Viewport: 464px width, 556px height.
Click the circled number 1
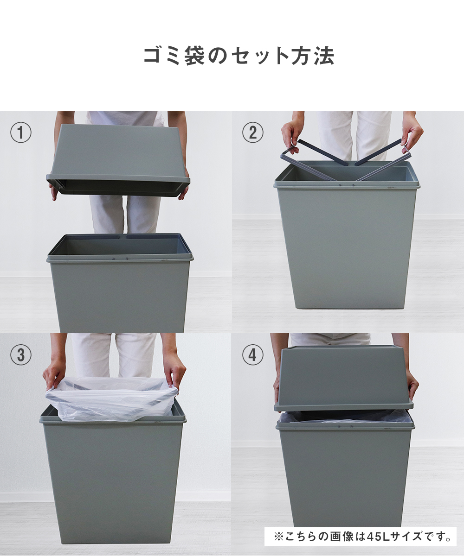click(x=21, y=133)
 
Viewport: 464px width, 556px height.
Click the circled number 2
click(x=252, y=133)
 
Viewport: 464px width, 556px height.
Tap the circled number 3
click(x=21, y=355)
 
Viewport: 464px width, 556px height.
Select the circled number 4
click(x=252, y=355)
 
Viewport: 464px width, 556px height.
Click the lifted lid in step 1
click(x=118, y=160)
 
